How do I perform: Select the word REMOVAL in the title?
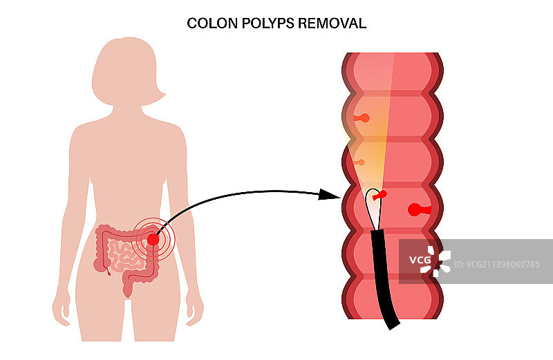[x=332, y=23]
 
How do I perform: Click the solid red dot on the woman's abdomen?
[x=153, y=239]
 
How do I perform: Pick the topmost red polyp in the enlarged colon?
[x=362, y=118]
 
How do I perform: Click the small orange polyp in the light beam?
[x=359, y=162]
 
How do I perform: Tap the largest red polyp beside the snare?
[x=417, y=209]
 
